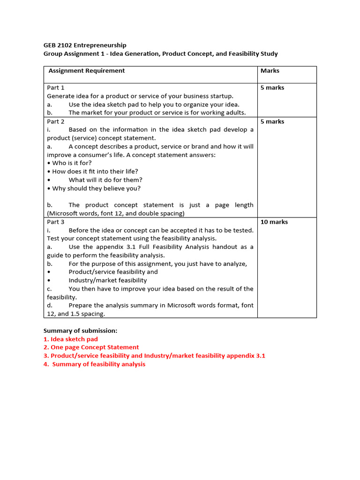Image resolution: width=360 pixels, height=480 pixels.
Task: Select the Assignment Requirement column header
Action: click(87, 71)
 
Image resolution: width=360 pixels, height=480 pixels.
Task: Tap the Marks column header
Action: click(270, 71)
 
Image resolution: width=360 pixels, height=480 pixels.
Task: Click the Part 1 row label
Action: click(56, 88)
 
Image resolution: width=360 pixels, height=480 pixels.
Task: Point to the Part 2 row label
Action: click(56, 121)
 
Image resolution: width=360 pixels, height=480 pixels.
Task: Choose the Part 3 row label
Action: click(56, 222)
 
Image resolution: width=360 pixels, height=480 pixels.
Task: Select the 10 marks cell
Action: click(274, 222)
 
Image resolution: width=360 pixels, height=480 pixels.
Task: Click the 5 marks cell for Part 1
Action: click(272, 88)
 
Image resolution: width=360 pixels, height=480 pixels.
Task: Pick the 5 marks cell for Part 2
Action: click(272, 121)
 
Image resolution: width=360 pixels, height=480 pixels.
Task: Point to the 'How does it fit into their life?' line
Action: click(95, 172)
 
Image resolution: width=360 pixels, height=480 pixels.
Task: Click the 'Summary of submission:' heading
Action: click(81, 330)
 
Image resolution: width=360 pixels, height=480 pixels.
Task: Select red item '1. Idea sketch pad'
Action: click(71, 339)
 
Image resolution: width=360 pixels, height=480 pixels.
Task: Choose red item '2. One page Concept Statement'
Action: click(91, 347)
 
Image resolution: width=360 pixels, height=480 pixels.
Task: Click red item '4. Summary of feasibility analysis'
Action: click(95, 364)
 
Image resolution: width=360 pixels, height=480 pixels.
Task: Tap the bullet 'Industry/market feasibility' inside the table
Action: click(108, 280)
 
